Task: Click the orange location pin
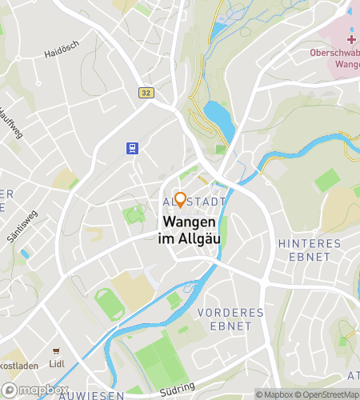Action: click(x=181, y=199)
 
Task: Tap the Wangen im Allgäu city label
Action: click(x=192, y=230)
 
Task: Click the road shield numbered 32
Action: click(x=144, y=92)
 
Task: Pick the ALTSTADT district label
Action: click(x=192, y=202)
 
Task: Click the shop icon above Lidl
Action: click(x=55, y=351)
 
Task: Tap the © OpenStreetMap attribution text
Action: click(x=326, y=394)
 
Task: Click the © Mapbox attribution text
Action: click(x=274, y=394)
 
